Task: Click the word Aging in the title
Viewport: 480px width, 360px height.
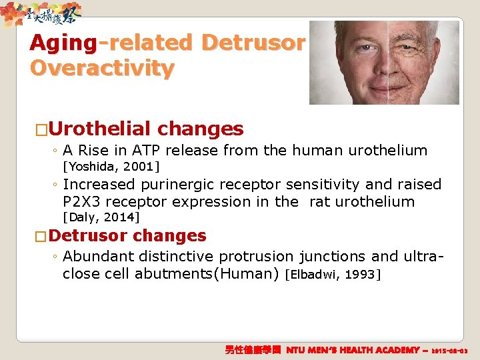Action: [63, 43]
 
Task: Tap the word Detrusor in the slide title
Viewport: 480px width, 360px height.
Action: [253, 43]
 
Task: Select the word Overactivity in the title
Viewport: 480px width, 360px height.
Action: [101, 68]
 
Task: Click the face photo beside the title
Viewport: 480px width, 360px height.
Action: [384, 62]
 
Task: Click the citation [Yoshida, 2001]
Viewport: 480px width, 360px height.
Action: [111, 165]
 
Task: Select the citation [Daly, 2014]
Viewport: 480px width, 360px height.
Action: [101, 217]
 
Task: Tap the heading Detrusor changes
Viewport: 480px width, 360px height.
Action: [127, 235]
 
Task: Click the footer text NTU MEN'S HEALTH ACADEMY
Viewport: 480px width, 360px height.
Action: [353, 349]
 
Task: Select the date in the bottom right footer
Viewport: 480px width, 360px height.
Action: [450, 350]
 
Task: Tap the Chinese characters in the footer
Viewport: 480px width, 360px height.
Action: [255, 349]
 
